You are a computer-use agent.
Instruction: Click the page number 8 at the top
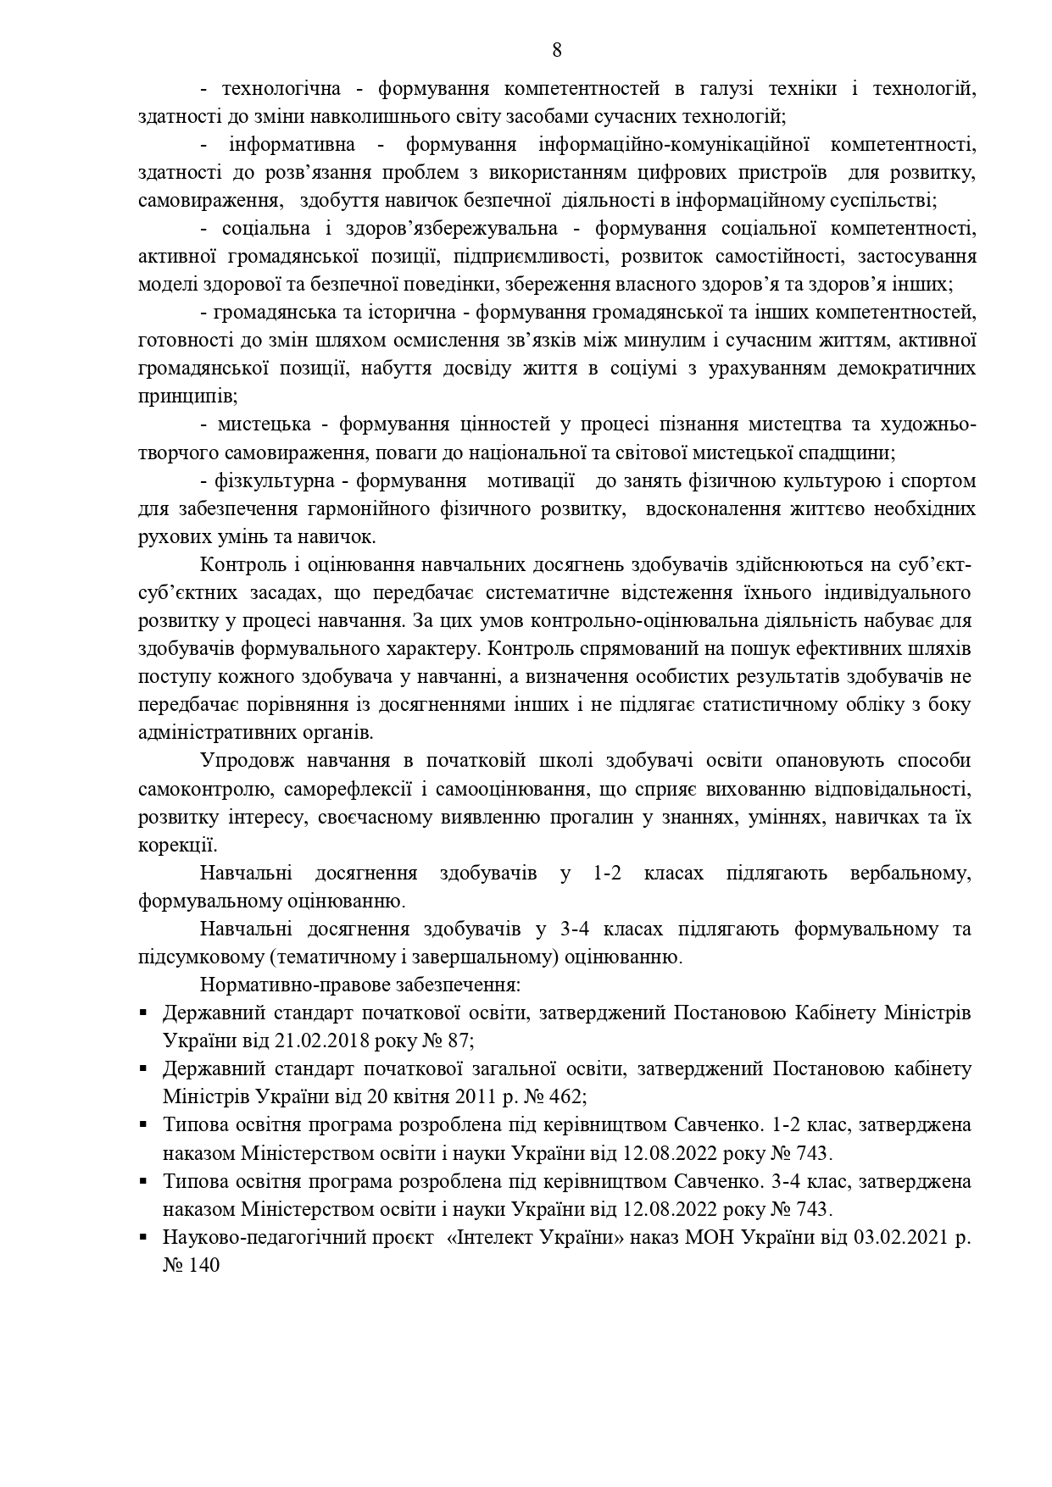click(x=557, y=50)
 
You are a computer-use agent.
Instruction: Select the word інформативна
click(x=292, y=145)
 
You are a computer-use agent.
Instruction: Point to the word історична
click(x=413, y=313)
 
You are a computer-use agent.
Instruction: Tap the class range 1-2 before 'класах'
click(x=608, y=873)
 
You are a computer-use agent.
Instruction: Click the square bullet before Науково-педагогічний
click(x=144, y=1237)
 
